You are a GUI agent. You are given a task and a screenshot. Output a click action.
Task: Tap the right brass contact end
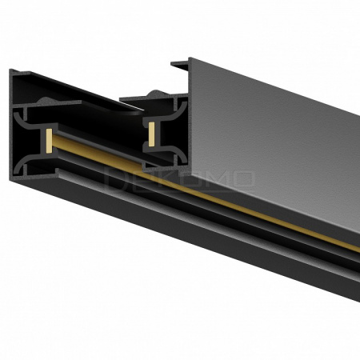coord(150,133)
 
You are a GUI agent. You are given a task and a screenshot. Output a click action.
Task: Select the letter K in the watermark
coord(167,178)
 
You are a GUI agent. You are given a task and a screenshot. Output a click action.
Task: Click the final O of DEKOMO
coord(243,178)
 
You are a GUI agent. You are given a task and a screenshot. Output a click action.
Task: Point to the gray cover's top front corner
coord(190,58)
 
